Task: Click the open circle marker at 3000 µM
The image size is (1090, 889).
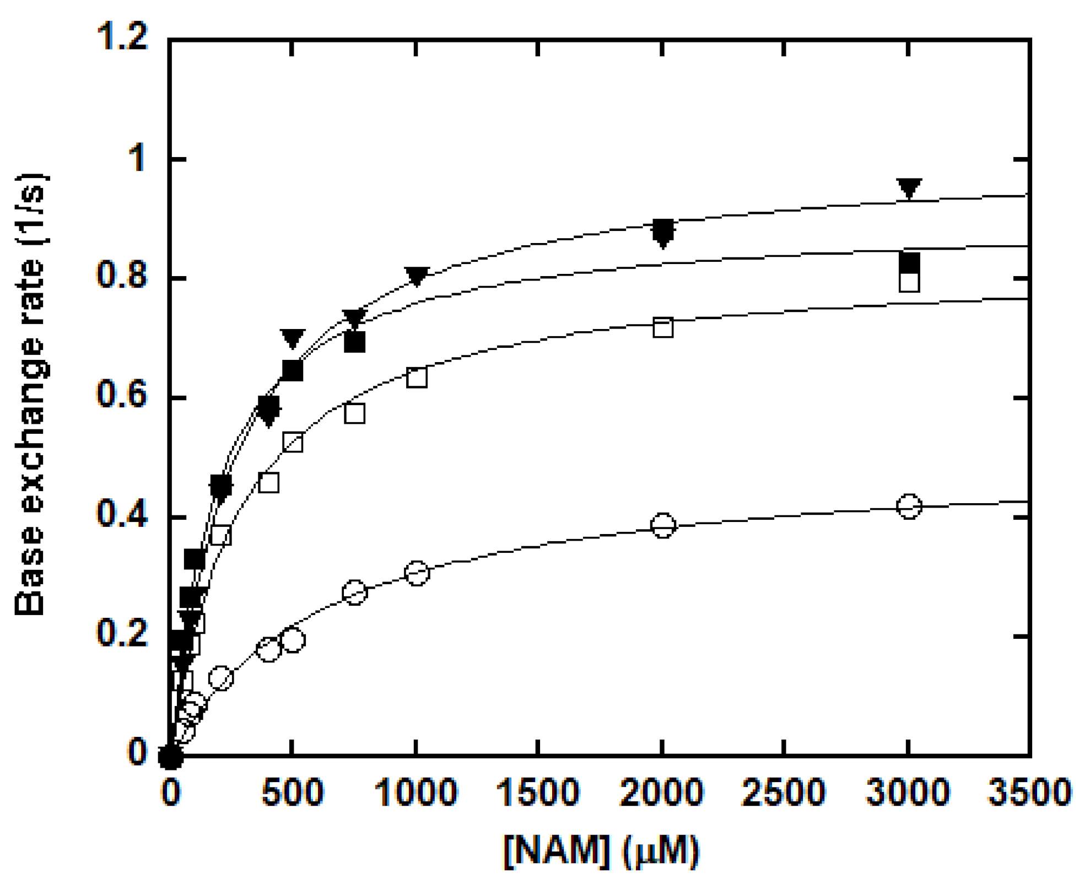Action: coord(909,506)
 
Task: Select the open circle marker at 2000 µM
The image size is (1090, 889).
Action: coord(663,525)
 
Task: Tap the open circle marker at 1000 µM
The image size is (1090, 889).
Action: coord(417,573)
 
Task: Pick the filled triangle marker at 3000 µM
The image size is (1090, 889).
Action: coord(909,188)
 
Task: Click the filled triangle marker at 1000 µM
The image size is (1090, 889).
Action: coord(417,276)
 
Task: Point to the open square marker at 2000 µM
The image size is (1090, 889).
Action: coord(663,327)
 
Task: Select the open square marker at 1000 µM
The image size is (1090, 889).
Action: coord(417,378)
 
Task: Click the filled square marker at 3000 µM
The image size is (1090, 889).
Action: coord(909,263)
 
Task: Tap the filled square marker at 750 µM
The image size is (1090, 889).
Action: coord(355,342)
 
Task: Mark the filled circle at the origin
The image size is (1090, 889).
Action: coord(170,757)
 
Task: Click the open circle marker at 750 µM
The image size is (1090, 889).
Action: coord(354,592)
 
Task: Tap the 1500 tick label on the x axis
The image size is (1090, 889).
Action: coord(537,793)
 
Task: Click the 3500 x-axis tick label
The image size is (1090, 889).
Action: coord(1029,793)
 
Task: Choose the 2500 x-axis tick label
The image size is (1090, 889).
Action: coord(783,793)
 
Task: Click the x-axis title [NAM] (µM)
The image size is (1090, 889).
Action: coord(601,851)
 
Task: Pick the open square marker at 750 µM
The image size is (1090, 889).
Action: coord(355,413)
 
